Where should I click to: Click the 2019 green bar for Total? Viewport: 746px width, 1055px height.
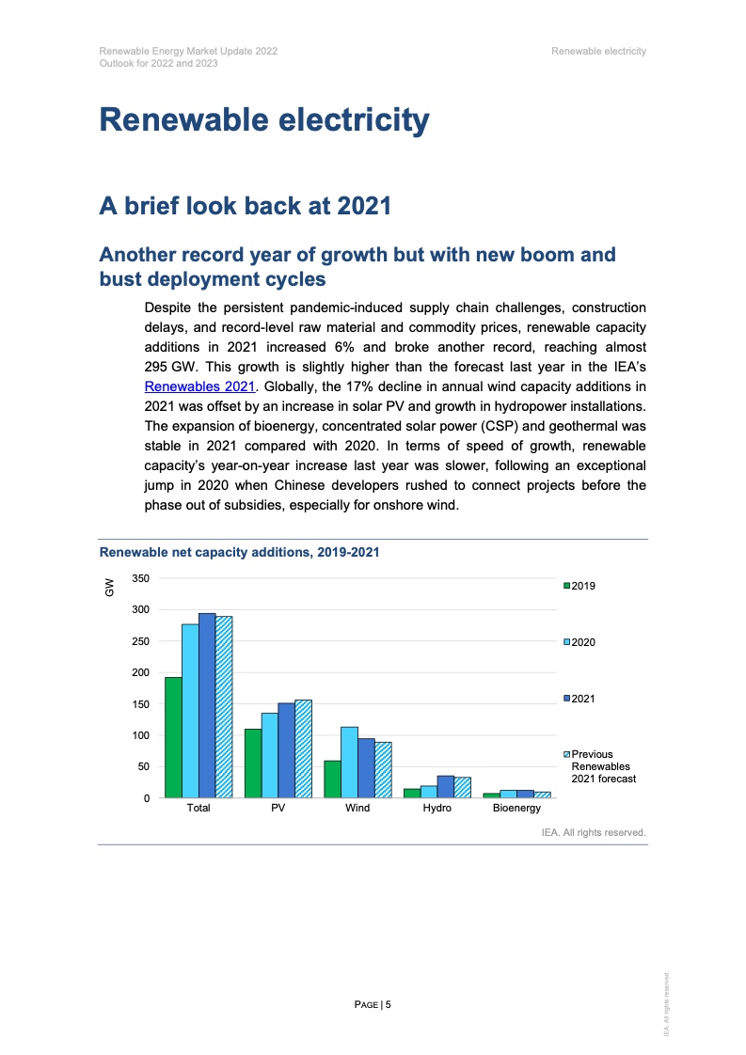tap(173, 737)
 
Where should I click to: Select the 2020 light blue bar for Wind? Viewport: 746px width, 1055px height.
tap(349, 763)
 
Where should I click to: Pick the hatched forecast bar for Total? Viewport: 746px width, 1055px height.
tap(224, 707)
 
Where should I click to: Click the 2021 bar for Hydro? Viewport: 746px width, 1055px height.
tap(445, 787)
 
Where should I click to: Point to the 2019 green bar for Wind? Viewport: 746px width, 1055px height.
tap(332, 779)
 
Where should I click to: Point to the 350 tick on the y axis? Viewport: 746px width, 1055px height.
tap(140, 578)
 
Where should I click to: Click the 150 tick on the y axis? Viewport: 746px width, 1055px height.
tap(140, 704)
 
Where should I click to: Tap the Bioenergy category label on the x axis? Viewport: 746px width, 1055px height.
tap(516, 809)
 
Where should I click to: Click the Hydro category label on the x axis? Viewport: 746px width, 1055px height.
tap(436, 809)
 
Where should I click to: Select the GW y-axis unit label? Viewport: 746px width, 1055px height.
tap(109, 588)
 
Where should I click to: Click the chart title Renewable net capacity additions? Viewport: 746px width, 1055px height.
tap(239, 552)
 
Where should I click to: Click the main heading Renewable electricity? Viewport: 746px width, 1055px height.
tap(264, 120)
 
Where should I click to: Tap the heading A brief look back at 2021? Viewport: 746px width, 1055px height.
tap(245, 205)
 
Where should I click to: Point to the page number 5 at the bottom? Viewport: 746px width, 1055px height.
tap(388, 1004)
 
